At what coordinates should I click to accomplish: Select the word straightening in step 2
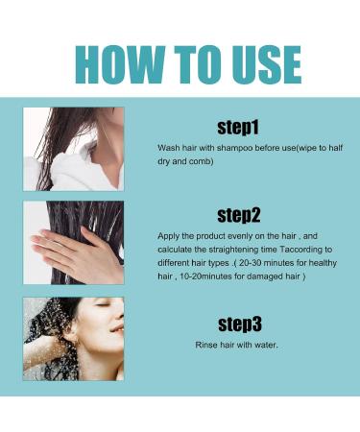(x=231, y=247)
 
